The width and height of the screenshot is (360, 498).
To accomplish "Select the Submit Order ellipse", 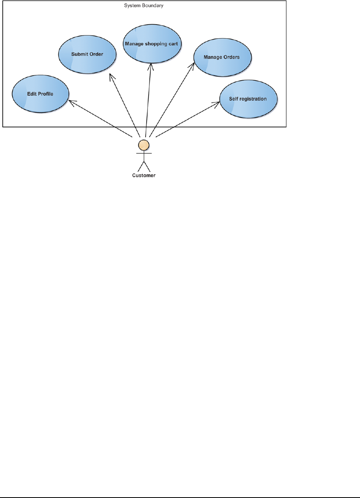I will (87, 54).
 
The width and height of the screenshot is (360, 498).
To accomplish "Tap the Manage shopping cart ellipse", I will (152, 44).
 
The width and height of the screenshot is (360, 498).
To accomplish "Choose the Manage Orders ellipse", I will (222, 58).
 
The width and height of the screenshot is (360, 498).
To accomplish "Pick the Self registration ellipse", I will (248, 99).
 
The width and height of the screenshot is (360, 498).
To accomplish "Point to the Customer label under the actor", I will (144, 175).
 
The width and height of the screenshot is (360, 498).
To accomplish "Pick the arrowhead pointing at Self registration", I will (218, 103).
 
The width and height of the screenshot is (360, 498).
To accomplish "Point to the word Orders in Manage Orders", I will (231, 58).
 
